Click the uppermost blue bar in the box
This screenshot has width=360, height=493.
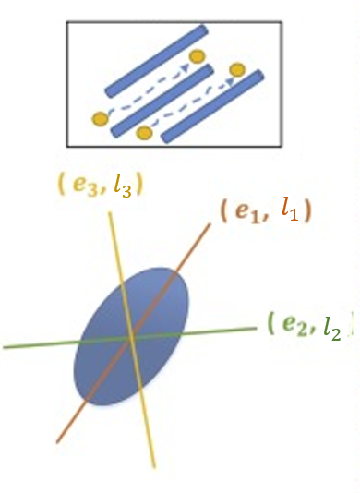(153, 61)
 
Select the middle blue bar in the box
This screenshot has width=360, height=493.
(162, 102)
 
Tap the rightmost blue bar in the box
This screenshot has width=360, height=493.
(213, 107)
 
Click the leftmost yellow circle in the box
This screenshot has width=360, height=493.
(100, 119)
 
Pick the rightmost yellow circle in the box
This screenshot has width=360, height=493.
(237, 69)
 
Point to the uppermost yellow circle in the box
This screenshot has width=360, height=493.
(197, 57)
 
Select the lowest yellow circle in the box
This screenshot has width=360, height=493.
(143, 134)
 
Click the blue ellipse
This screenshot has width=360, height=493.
(106, 369)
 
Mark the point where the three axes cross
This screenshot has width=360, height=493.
(129, 338)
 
